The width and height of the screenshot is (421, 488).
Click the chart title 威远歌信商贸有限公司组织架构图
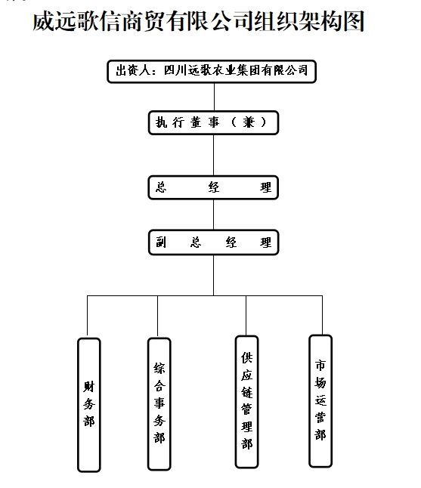click(x=198, y=21)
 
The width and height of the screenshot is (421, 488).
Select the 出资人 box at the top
click(x=212, y=72)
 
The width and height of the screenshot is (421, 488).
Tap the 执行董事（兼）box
click(x=213, y=122)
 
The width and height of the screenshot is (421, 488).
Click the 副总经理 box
click(x=213, y=242)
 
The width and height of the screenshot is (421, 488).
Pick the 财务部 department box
click(x=88, y=405)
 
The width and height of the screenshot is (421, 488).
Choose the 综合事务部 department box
click(x=159, y=403)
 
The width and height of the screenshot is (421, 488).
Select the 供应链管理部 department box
click(x=247, y=401)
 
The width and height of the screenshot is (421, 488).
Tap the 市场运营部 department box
click(x=320, y=401)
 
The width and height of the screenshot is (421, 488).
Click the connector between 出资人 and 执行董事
click(x=214, y=97)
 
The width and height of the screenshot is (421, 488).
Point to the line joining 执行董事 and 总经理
click(x=214, y=155)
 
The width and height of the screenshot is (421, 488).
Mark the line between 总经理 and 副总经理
click(x=214, y=215)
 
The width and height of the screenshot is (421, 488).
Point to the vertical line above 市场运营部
click(x=322, y=315)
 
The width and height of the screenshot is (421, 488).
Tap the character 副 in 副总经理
click(x=161, y=242)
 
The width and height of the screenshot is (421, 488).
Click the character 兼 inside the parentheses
click(x=249, y=122)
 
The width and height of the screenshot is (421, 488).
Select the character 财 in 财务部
click(x=88, y=387)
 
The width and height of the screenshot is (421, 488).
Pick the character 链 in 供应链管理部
click(x=247, y=392)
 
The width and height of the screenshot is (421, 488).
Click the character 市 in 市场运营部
click(x=320, y=365)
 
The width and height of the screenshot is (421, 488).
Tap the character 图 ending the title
click(x=354, y=21)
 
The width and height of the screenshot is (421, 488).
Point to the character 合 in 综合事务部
click(x=159, y=386)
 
